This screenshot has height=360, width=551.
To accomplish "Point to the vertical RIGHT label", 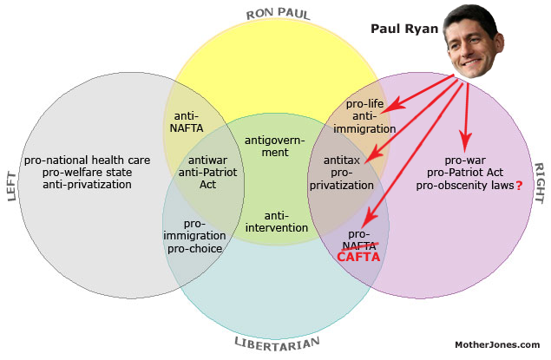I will pyautogui.click(x=540, y=183).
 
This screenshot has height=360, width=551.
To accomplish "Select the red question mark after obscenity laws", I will pyautogui.click(x=519, y=186).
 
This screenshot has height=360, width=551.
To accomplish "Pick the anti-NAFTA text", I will pyautogui.click(x=187, y=122).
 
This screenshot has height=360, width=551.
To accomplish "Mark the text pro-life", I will pyautogui.click(x=365, y=104).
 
